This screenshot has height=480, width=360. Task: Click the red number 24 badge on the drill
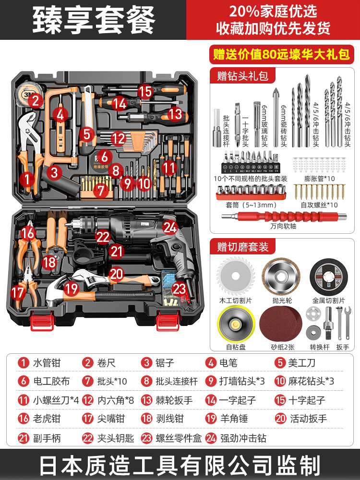coord(170,227)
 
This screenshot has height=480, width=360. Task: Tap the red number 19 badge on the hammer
coord(71,289)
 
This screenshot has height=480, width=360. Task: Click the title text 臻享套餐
coord(94,20)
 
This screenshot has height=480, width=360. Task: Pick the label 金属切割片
coord(329,301)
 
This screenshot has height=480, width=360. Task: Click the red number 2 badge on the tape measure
coord(35,101)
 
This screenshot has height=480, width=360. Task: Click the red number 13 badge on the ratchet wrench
coord(176,114)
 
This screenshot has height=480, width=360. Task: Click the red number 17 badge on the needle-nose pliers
coord(18,292)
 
